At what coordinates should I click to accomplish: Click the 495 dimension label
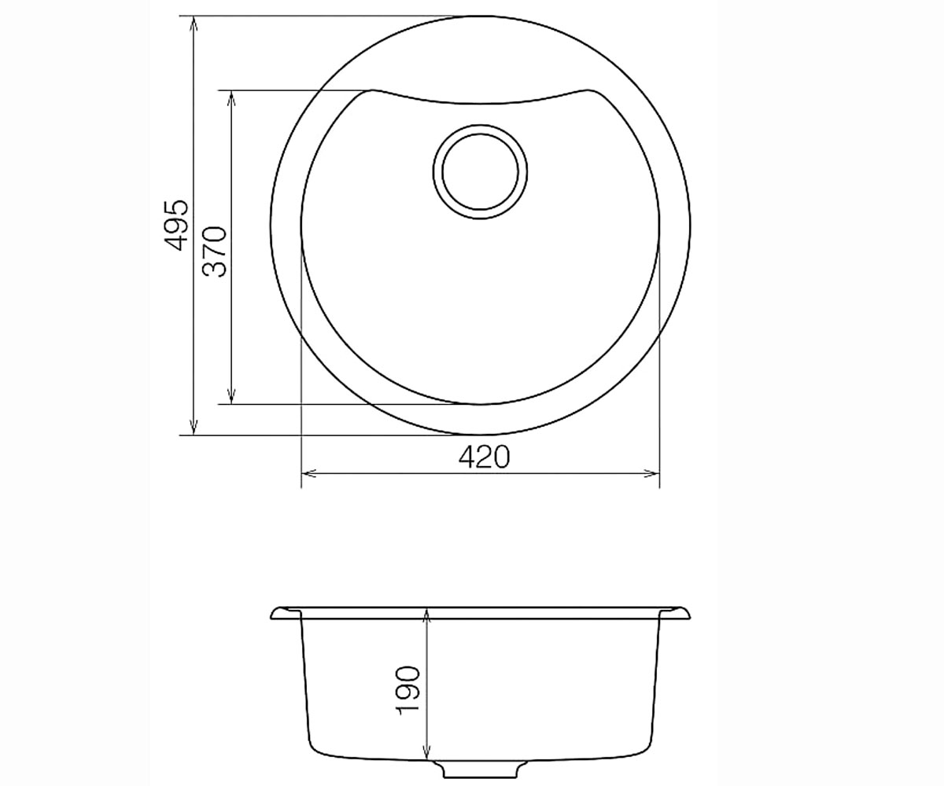point(175,225)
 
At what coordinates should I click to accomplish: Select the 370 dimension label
point(214,252)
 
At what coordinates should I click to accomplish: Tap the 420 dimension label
point(485,457)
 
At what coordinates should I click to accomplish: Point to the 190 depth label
point(407,690)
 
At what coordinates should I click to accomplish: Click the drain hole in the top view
point(480,173)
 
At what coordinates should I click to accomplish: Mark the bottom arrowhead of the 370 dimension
point(231,397)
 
